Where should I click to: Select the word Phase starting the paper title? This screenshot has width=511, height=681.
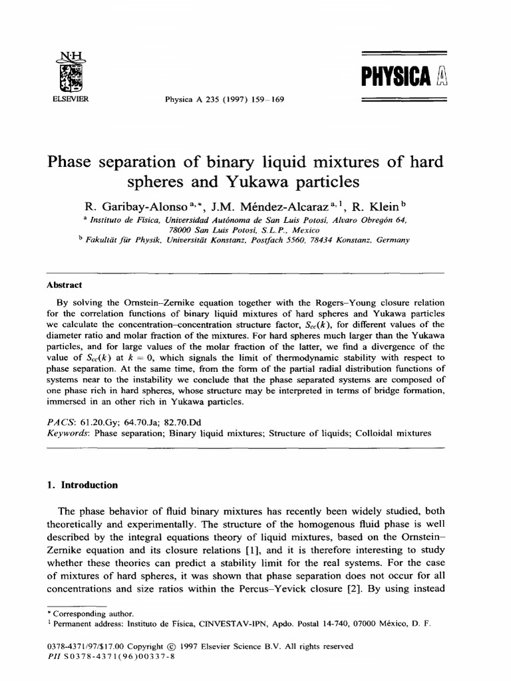[x=69, y=162]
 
